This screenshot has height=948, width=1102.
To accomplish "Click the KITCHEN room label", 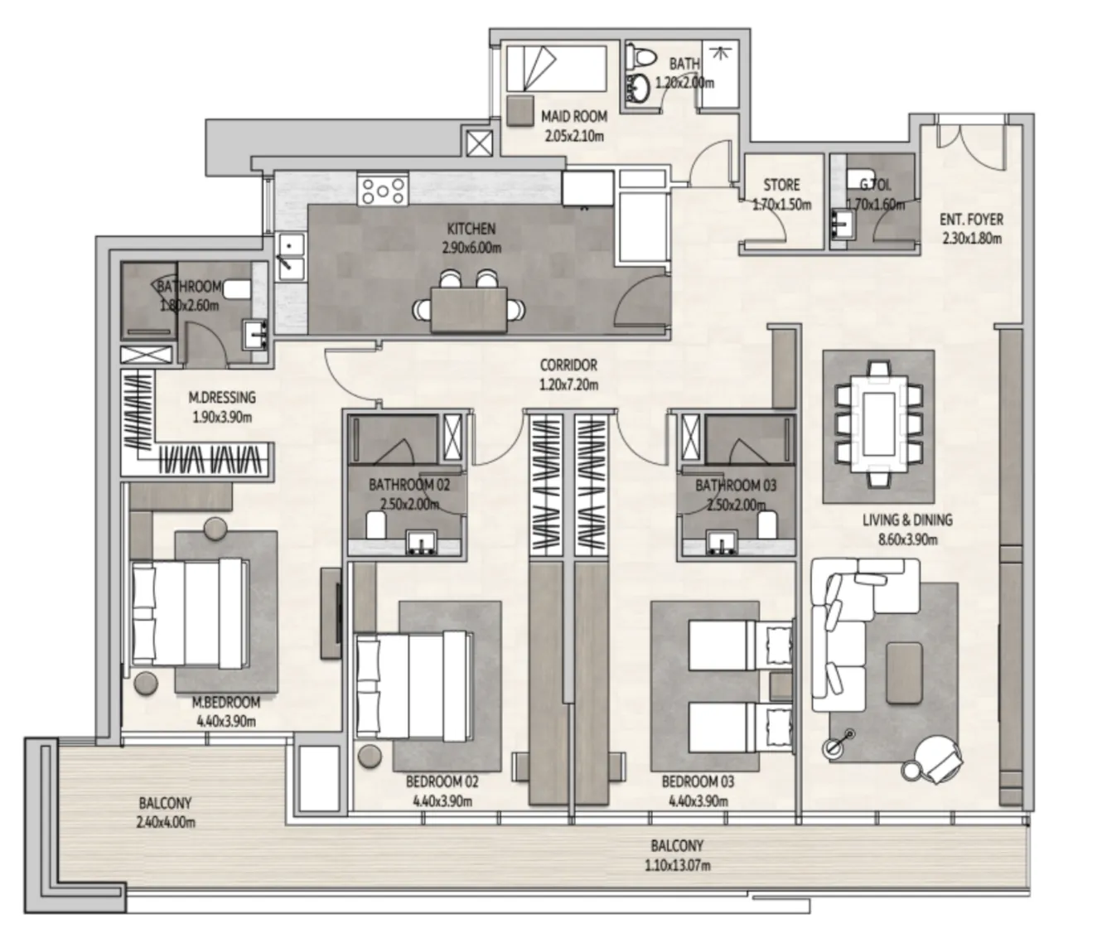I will [471, 229].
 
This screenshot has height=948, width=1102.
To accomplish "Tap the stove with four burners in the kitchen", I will [383, 190].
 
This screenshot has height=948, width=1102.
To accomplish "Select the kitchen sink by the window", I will [290, 257].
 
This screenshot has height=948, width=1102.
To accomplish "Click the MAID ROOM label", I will [573, 117].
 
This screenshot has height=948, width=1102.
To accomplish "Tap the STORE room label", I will [781, 185].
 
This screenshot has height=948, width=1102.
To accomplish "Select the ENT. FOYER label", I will [971, 220].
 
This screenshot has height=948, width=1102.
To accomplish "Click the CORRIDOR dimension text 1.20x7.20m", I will [568, 385].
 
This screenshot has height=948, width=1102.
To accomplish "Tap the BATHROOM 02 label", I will [408, 486].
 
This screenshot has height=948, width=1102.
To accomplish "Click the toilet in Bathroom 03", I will [768, 523].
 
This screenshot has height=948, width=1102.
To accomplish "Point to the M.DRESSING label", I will [221, 398].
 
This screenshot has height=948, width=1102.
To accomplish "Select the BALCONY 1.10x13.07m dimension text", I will [677, 866].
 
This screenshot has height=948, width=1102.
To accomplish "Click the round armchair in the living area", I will [937, 757].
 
